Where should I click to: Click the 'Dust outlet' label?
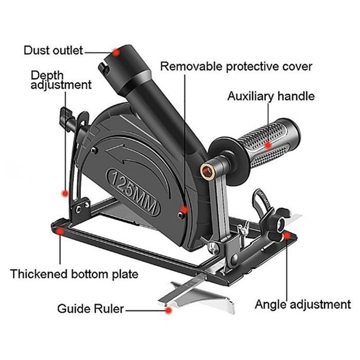[x=53, y=50]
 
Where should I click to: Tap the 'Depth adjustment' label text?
[x=61, y=80]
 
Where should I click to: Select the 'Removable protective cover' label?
[x=236, y=66]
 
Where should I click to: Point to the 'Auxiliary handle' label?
[x=271, y=96]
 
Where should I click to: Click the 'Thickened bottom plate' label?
[x=74, y=274]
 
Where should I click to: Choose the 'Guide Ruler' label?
[x=91, y=309]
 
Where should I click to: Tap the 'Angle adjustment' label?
[x=302, y=304]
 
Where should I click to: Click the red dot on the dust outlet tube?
[x=117, y=51]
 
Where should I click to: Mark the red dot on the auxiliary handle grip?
[x=267, y=146]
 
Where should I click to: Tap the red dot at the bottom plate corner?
[x=60, y=232]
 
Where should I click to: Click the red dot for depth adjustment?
[x=65, y=193]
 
